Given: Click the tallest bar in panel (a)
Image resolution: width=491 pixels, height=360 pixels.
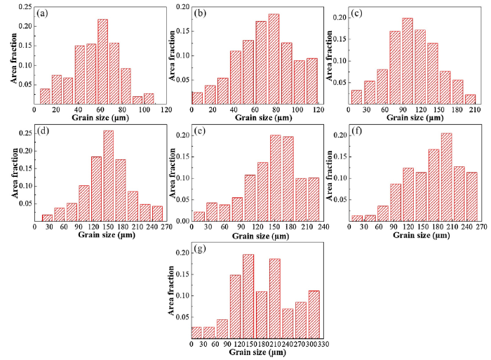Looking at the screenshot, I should tap(102, 62).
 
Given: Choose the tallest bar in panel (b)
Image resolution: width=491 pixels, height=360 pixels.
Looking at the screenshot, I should tap(274, 60).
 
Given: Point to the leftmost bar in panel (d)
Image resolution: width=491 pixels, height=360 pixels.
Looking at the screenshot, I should tap(47, 218).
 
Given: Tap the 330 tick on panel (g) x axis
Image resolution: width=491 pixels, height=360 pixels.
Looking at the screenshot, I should tap(321, 345).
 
